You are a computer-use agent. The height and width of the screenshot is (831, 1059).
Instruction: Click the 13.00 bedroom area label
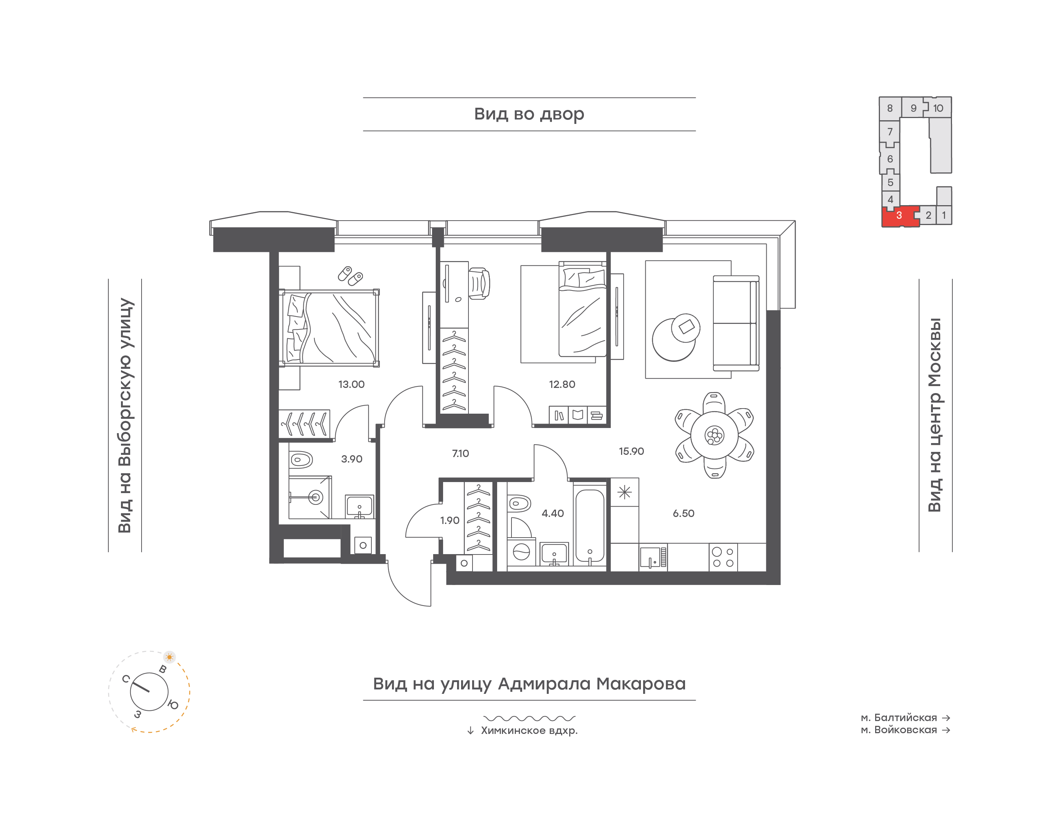(351, 384)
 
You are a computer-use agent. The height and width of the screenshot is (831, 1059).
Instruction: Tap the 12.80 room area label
(562, 384)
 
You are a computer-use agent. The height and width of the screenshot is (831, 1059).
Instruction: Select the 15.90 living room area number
(631, 451)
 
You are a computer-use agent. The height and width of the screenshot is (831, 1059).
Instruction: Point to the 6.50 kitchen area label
(684, 513)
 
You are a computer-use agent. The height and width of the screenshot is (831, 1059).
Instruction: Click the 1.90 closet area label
(449, 521)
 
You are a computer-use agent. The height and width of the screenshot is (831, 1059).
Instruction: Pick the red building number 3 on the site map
(899, 215)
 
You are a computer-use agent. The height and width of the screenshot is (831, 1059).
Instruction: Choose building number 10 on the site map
(938, 108)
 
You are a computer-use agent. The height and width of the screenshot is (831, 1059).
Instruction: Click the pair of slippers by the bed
(350, 276)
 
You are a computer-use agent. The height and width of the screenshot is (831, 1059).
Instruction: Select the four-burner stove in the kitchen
(723, 557)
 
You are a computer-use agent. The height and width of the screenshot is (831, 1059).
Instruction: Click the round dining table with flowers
(714, 435)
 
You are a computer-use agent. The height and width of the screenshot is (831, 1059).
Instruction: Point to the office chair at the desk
(479, 283)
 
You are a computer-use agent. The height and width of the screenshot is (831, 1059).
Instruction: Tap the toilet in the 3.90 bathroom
(302, 459)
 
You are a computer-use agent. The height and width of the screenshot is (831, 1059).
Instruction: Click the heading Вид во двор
(529, 114)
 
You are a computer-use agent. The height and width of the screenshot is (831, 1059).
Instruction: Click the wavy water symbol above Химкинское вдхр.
(529, 718)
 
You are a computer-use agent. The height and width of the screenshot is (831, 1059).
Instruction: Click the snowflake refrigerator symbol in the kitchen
(625, 492)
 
